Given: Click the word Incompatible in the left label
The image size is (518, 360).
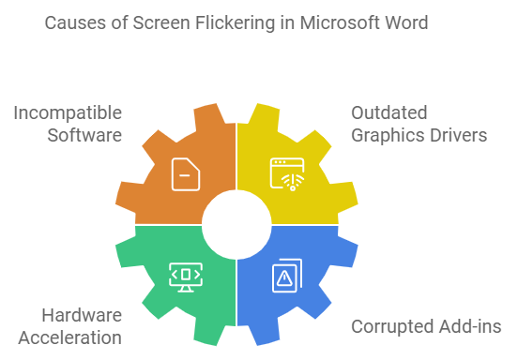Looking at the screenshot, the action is (68, 112).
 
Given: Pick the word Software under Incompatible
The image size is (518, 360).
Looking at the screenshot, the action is (85, 135).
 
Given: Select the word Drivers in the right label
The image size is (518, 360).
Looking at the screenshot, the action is (456, 135).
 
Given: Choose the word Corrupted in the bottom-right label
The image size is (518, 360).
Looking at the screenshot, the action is (388, 326).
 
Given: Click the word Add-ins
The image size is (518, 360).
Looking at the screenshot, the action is (466, 326).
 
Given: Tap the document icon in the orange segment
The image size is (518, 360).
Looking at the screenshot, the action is (186, 174).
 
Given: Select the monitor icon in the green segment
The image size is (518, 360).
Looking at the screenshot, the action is (185, 276).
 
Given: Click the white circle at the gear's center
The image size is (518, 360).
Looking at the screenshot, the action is (235, 225).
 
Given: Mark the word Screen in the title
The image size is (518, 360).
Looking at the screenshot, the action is (157, 22).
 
